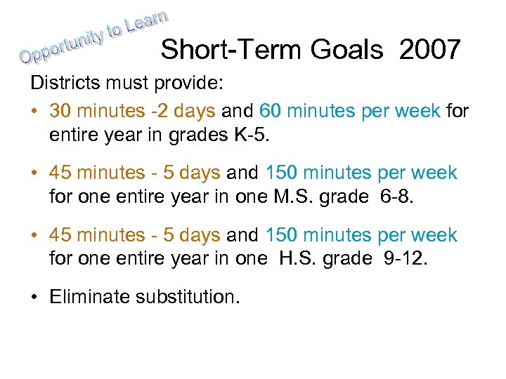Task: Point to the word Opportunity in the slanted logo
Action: coord(67,44)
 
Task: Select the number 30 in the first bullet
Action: coord(61,111)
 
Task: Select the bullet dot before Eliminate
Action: coord(34,297)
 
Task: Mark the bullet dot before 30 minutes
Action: coord(34,112)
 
